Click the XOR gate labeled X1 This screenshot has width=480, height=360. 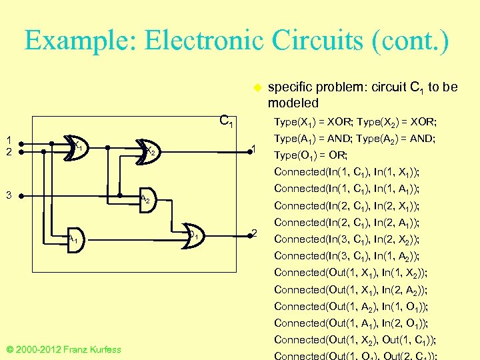[75, 146]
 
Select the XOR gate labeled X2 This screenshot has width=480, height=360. [149, 152]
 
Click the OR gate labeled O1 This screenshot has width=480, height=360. [193, 234]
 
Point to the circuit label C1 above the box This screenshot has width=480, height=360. [227, 121]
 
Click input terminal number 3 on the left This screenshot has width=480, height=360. [21, 196]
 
